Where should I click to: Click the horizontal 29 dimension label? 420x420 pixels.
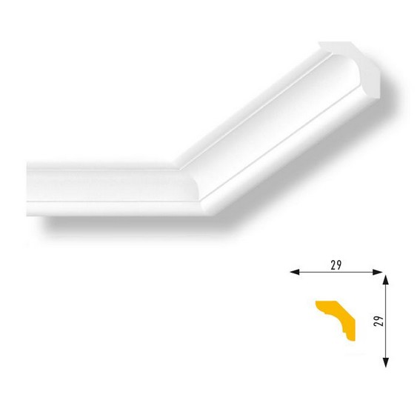[336, 265]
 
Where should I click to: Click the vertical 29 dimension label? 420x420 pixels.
[379, 321]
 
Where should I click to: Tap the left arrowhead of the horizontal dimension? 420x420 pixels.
[295, 272]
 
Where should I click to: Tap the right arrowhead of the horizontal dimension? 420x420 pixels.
[378, 272]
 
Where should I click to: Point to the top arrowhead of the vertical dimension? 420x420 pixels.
[385, 280]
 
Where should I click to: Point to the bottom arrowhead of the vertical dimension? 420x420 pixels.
[385, 362]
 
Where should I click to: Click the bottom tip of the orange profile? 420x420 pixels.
[355, 341]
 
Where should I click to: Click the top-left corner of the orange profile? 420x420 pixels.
[316, 301]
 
